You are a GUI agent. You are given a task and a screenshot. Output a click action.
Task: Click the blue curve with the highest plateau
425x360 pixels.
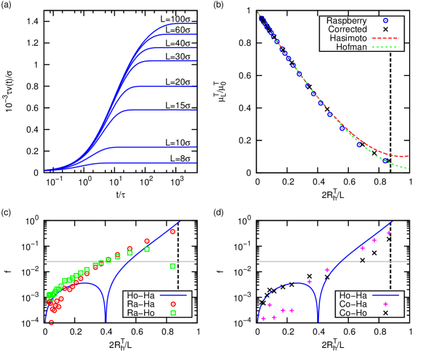(184, 23)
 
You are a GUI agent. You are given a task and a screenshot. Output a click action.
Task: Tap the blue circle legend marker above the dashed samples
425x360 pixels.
(385, 20)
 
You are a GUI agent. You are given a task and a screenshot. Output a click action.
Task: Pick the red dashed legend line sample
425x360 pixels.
(385, 39)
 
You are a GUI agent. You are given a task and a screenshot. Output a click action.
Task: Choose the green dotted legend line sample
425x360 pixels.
(385, 47)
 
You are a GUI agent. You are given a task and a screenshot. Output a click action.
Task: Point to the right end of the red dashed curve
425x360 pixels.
(408, 156)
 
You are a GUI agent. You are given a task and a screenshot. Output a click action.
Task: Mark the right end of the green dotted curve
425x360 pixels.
(409, 168)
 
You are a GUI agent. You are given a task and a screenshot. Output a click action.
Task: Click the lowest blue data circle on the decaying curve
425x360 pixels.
(384, 161)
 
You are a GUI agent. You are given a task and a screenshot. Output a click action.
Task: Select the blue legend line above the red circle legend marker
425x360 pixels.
(173, 295)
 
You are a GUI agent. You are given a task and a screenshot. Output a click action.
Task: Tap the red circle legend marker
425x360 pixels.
(173, 304)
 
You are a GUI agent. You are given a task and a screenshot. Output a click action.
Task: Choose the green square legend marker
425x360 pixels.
(173, 312)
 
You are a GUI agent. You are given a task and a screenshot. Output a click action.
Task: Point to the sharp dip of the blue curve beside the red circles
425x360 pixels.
(106, 321)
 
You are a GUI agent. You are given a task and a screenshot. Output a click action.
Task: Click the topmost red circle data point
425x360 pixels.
(173, 232)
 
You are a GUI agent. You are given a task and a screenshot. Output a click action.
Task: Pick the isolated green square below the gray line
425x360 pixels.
(173, 266)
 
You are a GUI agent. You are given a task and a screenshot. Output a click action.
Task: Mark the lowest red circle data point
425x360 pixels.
(51, 323)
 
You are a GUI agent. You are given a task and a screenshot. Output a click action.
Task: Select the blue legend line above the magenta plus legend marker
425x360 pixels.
(385, 295)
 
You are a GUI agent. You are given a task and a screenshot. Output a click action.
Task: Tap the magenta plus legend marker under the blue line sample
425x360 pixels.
(385, 304)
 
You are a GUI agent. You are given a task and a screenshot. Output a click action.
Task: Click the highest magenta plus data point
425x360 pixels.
(389, 233)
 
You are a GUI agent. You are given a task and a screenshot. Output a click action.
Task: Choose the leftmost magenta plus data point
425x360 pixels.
(263, 319)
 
